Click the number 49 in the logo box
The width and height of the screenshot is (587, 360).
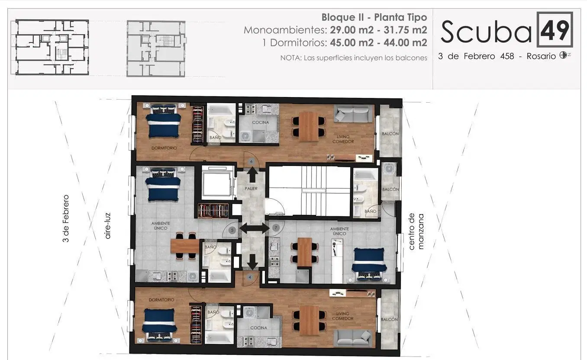(555, 30)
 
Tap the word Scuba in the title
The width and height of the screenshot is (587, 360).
(486, 32)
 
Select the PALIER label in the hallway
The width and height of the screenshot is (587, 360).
(251, 188)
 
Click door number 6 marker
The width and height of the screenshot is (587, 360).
(252, 162)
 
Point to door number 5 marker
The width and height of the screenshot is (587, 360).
(232, 230)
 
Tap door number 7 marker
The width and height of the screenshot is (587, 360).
(276, 228)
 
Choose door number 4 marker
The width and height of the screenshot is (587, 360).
(250, 277)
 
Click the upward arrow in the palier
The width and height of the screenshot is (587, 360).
(252, 175)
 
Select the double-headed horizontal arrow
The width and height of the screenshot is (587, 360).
(254, 228)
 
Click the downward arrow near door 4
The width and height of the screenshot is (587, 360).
(252, 262)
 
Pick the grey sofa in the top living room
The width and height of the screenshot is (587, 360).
(353, 114)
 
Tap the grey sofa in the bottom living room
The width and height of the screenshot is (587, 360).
(354, 338)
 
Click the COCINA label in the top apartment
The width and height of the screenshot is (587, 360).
(261, 123)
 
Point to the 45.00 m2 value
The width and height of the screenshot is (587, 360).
(352, 42)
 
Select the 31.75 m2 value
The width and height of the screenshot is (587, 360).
(405, 30)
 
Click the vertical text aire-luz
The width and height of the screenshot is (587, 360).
(107, 226)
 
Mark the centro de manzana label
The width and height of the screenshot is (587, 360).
(416, 231)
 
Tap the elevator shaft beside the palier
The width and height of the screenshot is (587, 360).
(217, 181)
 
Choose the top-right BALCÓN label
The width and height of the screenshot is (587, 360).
(390, 133)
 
